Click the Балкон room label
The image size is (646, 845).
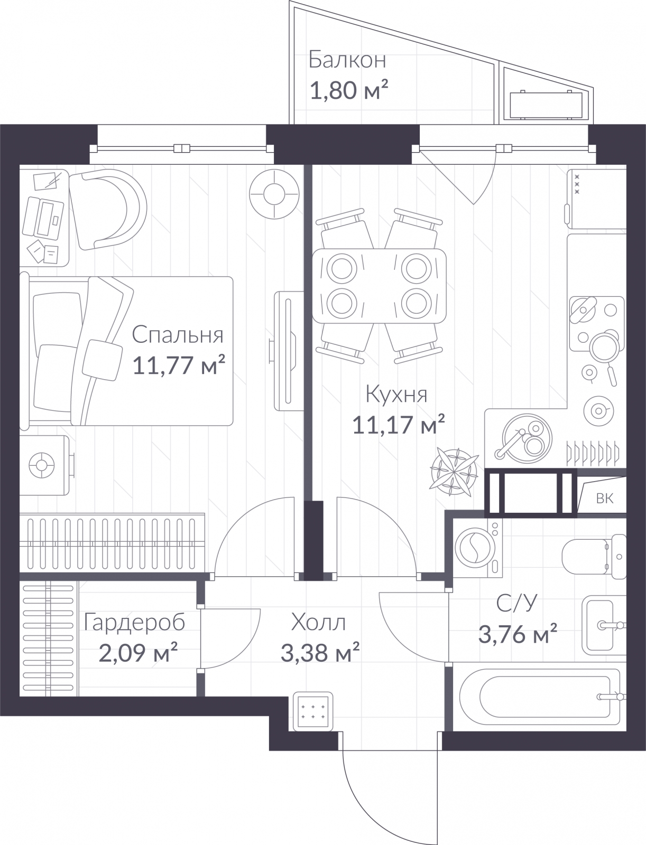point(347,60)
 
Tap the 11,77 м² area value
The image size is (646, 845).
point(179,365)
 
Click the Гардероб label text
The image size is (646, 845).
point(134,623)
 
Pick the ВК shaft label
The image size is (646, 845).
point(604,499)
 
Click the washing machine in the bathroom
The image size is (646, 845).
point(478,548)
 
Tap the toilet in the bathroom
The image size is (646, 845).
point(594,556)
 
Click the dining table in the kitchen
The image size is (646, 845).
point(379,286)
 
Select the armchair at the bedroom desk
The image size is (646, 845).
point(108,210)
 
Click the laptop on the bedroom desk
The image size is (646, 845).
point(43,218)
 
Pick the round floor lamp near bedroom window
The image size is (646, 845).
point(274,194)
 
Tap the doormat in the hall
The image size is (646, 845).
point(313,711)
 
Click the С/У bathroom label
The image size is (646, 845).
point(516,603)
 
